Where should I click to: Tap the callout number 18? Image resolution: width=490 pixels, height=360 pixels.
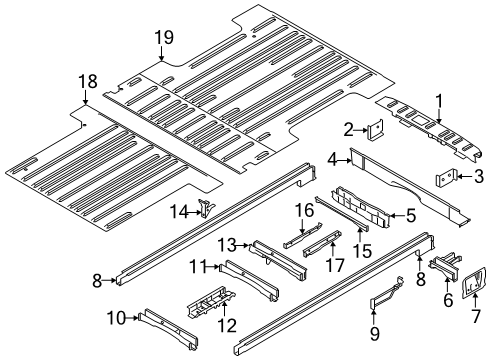(88, 79)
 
